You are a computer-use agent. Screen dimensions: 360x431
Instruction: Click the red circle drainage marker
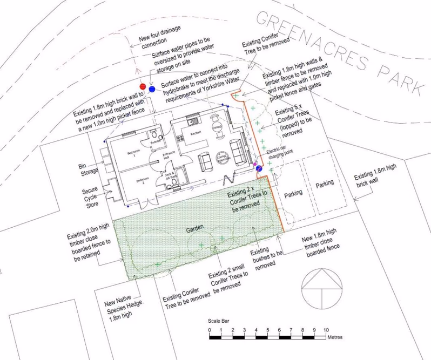point(143,86)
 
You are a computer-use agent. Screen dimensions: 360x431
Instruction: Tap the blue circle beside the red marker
point(152,89)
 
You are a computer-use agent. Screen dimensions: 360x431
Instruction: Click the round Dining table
point(217,126)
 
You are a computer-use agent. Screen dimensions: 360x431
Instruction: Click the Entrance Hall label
point(167,157)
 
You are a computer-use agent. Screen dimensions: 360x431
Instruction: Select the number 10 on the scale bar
point(326,329)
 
